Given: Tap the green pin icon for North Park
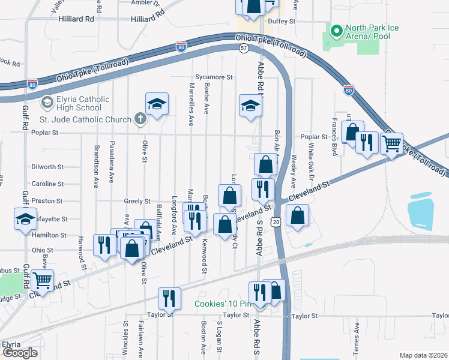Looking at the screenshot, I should [x=336, y=29].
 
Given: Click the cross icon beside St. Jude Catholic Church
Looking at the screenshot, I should [x=139, y=119].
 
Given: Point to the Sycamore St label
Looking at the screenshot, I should [x=214, y=77].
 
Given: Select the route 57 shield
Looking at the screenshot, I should [x=243, y=47].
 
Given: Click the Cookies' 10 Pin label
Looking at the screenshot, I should [x=222, y=304].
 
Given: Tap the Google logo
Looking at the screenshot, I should [x=20, y=353].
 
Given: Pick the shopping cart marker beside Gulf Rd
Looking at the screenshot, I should [x=43, y=280].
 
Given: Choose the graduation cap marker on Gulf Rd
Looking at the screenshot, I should [x=26, y=219].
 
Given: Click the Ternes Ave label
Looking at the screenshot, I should [x=357, y=337].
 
